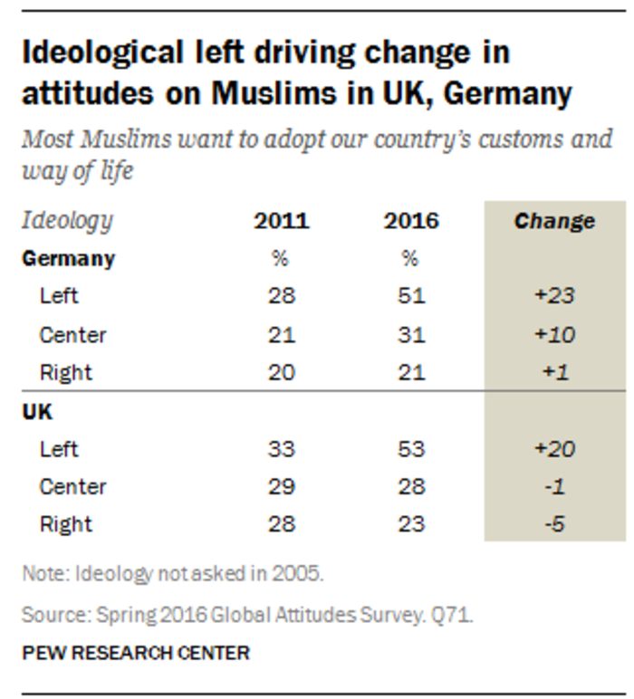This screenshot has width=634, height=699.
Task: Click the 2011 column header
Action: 281,221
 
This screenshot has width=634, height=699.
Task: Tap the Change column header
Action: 554,221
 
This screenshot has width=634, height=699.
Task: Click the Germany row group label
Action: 69,258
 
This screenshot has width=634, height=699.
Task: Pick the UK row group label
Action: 37,411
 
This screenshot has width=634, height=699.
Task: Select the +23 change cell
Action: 554,296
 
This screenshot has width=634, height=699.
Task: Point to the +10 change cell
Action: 554,335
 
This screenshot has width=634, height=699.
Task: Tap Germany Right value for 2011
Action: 281,373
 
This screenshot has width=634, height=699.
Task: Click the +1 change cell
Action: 554,373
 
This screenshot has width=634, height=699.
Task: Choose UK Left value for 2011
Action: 281,449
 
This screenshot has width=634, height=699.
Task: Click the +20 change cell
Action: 554,449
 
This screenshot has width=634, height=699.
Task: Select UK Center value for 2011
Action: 281,487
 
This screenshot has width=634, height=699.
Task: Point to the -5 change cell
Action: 554,525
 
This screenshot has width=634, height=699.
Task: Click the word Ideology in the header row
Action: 67,221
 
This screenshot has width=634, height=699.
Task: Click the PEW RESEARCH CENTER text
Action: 136,652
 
